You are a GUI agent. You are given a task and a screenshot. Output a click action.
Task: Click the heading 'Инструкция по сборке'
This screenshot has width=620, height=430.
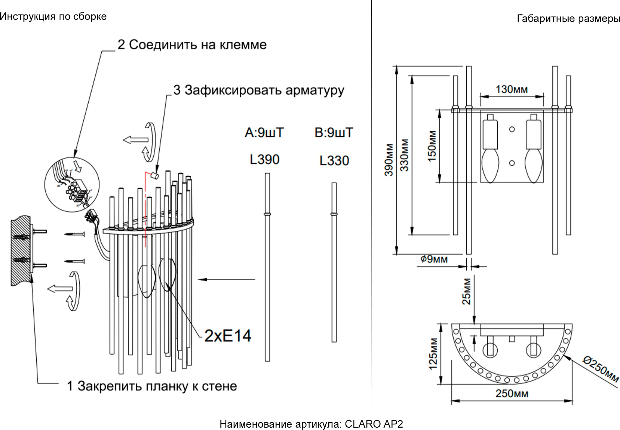coord(53,17)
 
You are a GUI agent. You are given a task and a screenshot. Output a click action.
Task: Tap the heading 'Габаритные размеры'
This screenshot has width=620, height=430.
coord(568,19)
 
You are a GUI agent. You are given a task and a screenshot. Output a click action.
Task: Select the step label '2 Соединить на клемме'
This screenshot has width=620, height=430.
coord(192,45)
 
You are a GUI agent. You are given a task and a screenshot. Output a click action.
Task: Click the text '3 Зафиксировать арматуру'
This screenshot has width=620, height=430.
coord(259,90)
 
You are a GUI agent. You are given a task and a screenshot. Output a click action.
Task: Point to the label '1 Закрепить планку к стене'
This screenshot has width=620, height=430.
coord(152,386)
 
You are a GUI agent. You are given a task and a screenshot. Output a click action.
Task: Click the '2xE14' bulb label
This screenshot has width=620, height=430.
coord(228,336)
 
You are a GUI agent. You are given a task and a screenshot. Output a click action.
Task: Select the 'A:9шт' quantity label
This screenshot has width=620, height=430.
coord(264,132)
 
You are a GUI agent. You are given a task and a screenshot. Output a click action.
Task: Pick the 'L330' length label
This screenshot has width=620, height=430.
coord(334,161)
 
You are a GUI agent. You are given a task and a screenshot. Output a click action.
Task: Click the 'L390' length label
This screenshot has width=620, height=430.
coord(264,160)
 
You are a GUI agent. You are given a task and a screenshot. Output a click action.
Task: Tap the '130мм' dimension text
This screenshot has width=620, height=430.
coord(512,89)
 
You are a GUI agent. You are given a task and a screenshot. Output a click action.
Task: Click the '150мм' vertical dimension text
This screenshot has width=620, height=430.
coord(432,146)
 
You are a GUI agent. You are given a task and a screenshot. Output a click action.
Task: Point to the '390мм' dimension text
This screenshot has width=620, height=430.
coord(389,160)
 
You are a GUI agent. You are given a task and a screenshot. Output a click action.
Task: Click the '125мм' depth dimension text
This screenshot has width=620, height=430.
coord(433,354)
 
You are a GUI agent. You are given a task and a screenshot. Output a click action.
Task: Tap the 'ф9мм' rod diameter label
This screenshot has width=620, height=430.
coord(434,259)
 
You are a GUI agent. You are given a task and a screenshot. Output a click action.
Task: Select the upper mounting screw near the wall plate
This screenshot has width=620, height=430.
coord(75,235)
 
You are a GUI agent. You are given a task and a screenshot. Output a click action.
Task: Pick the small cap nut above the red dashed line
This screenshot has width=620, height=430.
coord(154,176)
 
